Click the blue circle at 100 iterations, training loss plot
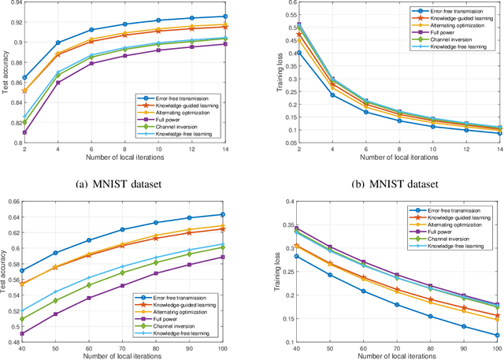point(496,335)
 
